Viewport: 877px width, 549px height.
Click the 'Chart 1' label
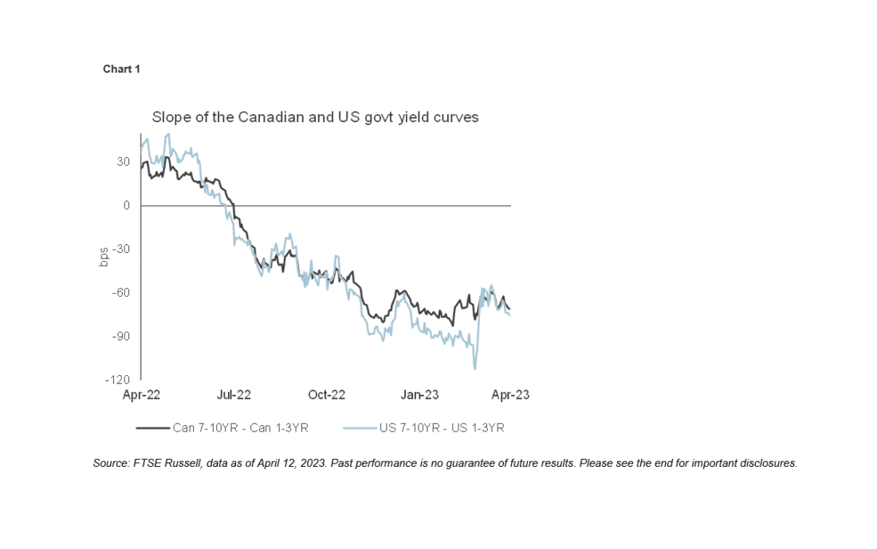pyautogui.click(x=121, y=69)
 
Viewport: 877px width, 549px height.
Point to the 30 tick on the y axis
pyautogui.click(x=123, y=162)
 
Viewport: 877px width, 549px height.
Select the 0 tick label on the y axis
pyautogui.click(x=126, y=205)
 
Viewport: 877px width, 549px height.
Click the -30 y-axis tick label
pyautogui.click(x=120, y=249)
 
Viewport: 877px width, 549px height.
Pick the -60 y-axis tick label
pyautogui.click(x=120, y=293)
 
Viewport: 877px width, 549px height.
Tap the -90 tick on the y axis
pyautogui.click(x=120, y=336)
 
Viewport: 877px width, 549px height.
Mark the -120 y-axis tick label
pyautogui.click(x=118, y=380)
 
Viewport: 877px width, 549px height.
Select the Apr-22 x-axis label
pyautogui.click(x=140, y=395)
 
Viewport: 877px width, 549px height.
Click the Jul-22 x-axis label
pyautogui.click(x=234, y=395)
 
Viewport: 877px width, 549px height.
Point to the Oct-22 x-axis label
pyautogui.click(x=327, y=395)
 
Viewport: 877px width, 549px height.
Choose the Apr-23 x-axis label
pyautogui.click(x=509, y=395)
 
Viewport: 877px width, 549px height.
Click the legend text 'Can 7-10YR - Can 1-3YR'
pyautogui.click(x=240, y=428)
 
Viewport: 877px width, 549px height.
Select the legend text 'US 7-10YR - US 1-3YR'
pyautogui.click(x=441, y=428)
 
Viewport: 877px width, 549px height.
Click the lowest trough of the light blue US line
pyautogui.click(x=475, y=368)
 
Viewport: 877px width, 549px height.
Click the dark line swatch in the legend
pyautogui.click(x=153, y=428)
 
